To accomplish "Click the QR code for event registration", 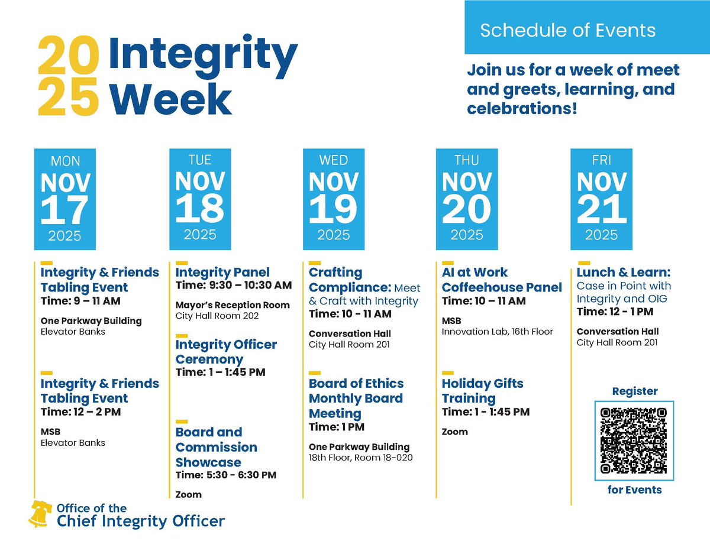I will (634, 440).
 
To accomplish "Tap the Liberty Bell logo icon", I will (40, 514).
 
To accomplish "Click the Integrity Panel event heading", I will (222, 273).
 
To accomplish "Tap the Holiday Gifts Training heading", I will (482, 390).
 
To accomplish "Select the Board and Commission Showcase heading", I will (216, 447).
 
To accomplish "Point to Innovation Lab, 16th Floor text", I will (497, 332).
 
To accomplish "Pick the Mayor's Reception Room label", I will (233, 305).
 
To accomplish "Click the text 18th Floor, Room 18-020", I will (360, 458).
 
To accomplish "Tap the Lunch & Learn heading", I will (624, 273).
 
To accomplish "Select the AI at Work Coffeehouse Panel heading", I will (502, 280).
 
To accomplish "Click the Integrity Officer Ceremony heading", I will (226, 352).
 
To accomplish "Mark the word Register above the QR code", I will (634, 391).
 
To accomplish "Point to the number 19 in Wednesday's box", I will (333, 208).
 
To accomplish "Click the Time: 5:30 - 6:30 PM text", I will (226, 475).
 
